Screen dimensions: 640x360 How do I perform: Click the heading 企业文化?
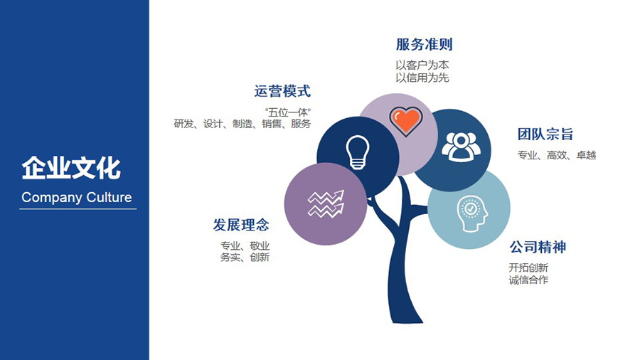tap(71, 168)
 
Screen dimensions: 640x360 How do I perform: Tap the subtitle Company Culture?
tap(77, 198)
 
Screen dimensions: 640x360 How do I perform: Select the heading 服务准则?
tap(424, 45)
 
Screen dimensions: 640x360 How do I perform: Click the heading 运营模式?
tap(282, 91)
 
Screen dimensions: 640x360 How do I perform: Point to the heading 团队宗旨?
tap(545, 134)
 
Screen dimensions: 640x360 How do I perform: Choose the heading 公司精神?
tap(538, 247)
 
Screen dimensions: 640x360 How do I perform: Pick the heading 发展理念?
tap(241, 225)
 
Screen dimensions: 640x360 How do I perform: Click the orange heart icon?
tap(406, 121)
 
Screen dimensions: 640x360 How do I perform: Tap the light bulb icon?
tap(358, 152)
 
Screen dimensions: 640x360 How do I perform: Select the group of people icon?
tap(461, 147)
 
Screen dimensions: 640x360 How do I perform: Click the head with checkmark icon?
tap(472, 213)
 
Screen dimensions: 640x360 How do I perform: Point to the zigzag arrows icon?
tap(326, 203)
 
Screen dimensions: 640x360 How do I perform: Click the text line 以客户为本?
tap(422, 65)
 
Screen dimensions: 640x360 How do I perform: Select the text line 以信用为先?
tap(422, 78)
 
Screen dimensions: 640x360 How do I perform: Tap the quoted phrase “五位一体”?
tap(288, 112)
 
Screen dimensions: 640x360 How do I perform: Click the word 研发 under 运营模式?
tap(183, 124)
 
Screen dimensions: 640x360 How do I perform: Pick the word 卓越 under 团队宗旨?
tap(586, 155)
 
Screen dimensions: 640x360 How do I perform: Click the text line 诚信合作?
tap(528, 280)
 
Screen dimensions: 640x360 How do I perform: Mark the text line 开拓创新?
tap(528, 268)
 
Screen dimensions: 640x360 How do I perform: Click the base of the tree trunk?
tap(405, 319)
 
